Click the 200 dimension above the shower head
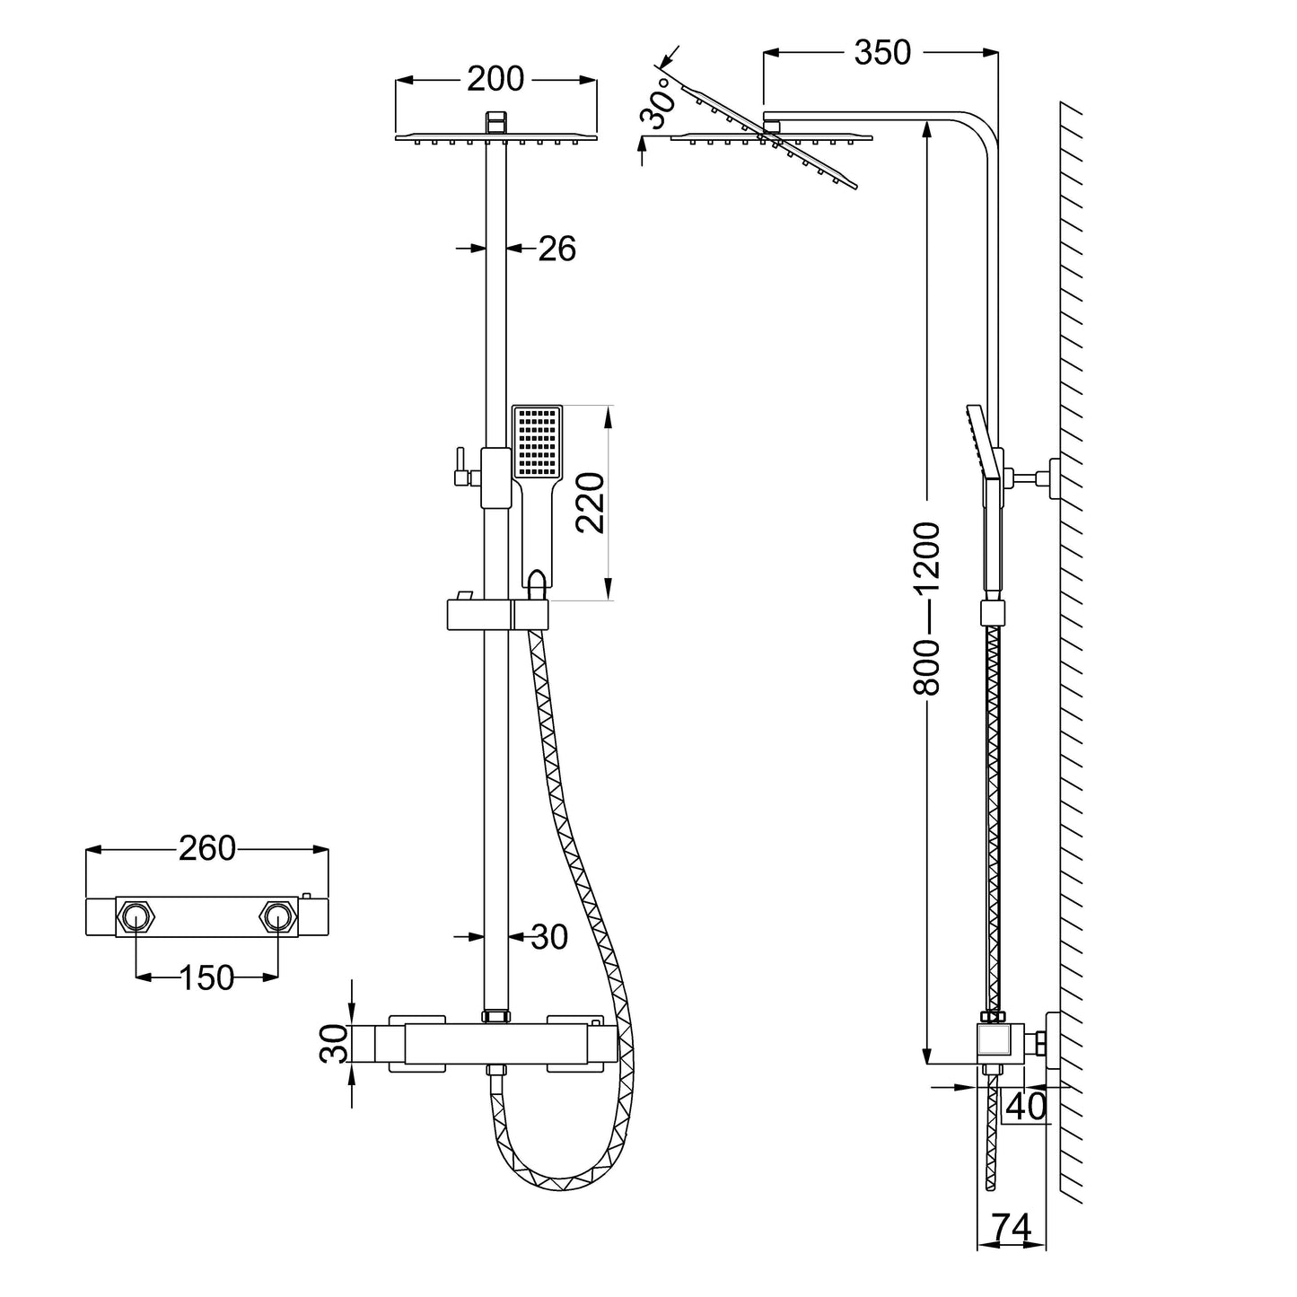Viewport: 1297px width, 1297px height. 495,79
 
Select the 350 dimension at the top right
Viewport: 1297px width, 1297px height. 881,53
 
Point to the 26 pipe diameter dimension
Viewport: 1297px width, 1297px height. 556,249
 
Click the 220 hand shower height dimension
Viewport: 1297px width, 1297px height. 590,503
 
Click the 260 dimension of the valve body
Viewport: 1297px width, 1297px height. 206,847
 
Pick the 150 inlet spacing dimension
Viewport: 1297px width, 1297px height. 206,977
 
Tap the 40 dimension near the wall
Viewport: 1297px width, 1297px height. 1025,1106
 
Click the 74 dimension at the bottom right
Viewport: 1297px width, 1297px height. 1011,1226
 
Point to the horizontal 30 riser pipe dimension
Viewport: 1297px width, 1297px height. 549,937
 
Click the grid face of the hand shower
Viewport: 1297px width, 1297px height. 537,442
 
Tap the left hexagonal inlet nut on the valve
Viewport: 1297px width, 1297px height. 136,916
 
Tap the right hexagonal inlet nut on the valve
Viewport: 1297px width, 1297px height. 276,916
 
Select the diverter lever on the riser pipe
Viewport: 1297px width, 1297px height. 460,468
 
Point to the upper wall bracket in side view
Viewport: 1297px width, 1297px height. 1041,478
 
